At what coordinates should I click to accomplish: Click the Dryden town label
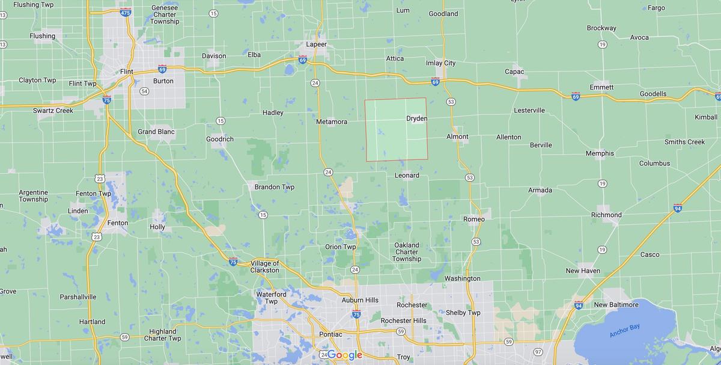pyautogui.click(x=416, y=118)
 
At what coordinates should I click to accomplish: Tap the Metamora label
pyautogui.click(x=332, y=122)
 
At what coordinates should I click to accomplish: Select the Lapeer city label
pyautogui.click(x=316, y=44)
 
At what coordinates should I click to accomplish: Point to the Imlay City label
pyautogui.click(x=440, y=63)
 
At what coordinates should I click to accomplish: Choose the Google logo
pyautogui.click(x=344, y=355)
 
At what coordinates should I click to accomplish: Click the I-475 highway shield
pyautogui.click(x=126, y=12)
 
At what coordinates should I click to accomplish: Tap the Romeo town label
pyautogui.click(x=473, y=219)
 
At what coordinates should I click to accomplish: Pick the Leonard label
pyautogui.click(x=407, y=176)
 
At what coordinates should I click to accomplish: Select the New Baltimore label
pyautogui.click(x=616, y=305)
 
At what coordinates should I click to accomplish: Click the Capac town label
pyautogui.click(x=514, y=72)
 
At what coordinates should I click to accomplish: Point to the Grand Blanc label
pyautogui.click(x=156, y=132)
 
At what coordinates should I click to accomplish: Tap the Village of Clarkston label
pyautogui.click(x=264, y=267)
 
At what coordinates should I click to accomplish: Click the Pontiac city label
pyautogui.click(x=330, y=334)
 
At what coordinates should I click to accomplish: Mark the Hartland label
pyautogui.click(x=92, y=322)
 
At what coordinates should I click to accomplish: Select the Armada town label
pyautogui.click(x=540, y=191)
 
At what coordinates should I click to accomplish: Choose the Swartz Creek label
pyautogui.click(x=53, y=111)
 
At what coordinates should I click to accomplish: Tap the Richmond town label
pyautogui.click(x=606, y=215)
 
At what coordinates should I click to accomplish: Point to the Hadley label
pyautogui.click(x=273, y=113)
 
